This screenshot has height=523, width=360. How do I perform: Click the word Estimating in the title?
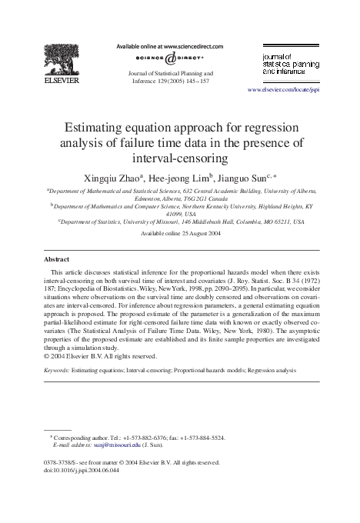tap(103, 128)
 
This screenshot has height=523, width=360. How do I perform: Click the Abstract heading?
tap(60, 259)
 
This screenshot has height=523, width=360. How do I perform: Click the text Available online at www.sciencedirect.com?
tap(168, 46)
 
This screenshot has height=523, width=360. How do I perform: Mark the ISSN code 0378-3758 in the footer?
tap(62, 463)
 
